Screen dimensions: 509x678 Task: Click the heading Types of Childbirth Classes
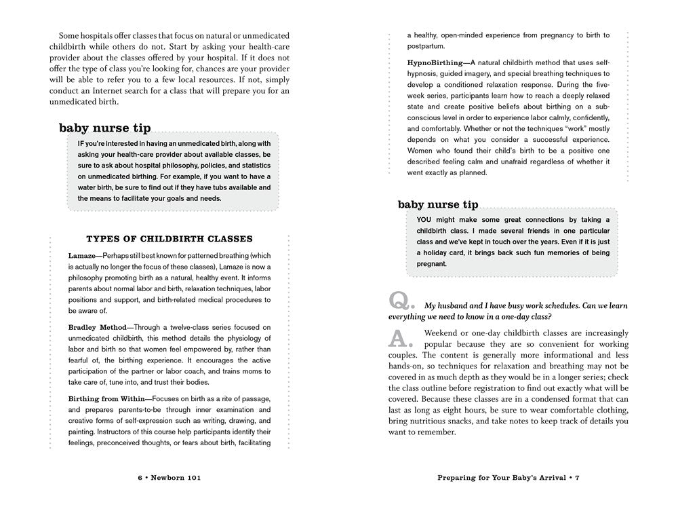170,239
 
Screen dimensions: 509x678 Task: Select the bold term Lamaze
82,256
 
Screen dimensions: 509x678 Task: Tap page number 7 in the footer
577,478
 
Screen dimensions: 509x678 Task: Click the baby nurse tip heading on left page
105,128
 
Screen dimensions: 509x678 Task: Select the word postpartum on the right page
426,46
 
